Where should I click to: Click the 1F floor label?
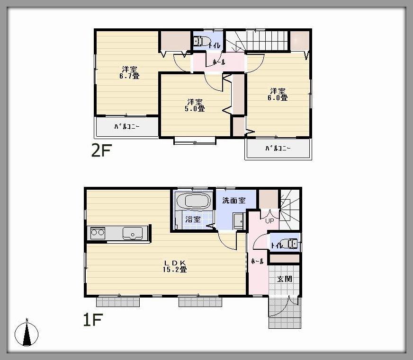point(93,321)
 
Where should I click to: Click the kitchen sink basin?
point(133,233)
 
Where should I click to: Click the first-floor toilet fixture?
point(290,244)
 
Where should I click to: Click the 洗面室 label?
point(234,201)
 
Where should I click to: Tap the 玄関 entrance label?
point(284,279)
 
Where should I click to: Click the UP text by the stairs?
point(270,220)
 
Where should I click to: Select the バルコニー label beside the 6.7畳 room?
point(126,127)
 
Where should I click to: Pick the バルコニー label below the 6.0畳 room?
point(278,149)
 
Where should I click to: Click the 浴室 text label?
point(192,220)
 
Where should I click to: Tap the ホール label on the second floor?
point(219,62)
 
